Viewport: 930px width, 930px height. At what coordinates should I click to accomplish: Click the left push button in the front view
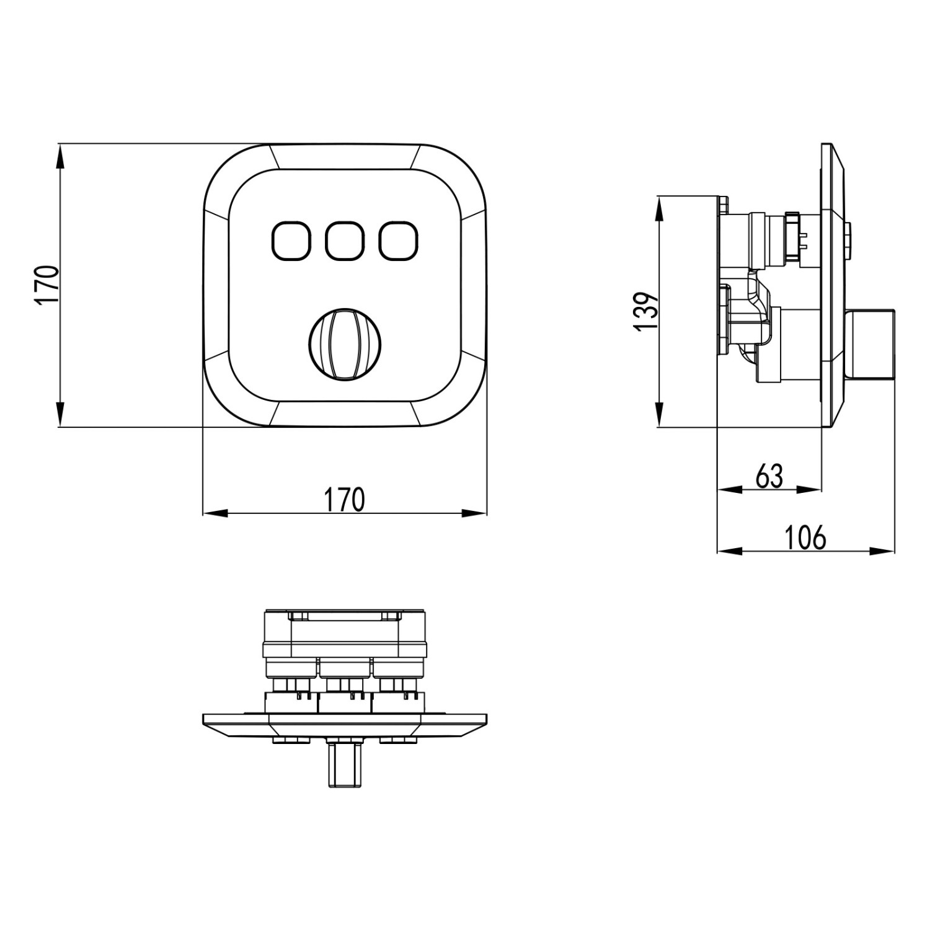point(290,241)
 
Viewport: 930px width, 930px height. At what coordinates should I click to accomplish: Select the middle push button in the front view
point(344,241)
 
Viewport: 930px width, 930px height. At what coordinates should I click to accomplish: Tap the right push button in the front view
point(398,241)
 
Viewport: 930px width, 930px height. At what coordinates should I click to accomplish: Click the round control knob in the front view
point(345,345)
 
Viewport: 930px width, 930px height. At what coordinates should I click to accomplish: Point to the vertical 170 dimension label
point(47,285)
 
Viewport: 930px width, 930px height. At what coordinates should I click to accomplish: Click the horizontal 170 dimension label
point(345,500)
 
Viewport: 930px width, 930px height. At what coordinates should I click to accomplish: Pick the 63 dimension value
point(769,476)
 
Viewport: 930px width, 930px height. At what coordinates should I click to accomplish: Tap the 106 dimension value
point(805,537)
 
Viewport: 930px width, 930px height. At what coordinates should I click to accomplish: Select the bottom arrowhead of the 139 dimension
point(659,415)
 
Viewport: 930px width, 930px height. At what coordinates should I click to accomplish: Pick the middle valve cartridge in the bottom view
point(345,688)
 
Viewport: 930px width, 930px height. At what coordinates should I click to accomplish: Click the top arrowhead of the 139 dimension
point(659,208)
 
